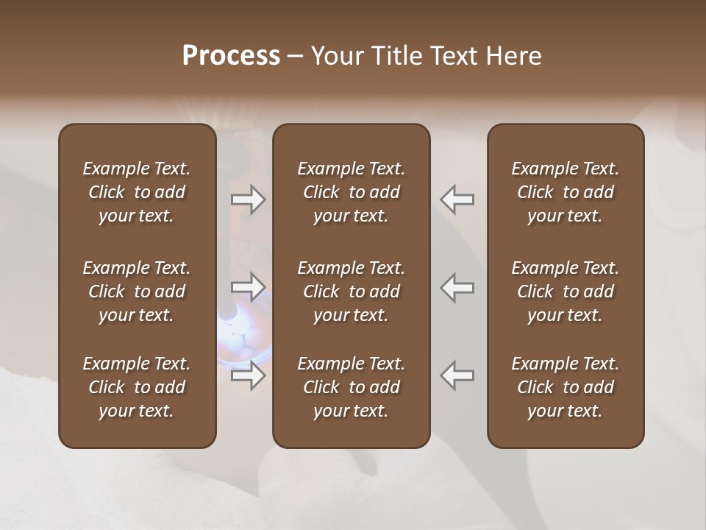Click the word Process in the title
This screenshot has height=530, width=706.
[x=231, y=56]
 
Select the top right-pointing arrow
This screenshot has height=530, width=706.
[x=249, y=199]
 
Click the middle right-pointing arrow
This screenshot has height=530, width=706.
[x=249, y=287]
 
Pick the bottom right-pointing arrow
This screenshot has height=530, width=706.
[x=249, y=375]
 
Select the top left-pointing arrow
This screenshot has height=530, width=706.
[x=457, y=199]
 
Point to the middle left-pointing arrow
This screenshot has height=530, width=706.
[x=457, y=287]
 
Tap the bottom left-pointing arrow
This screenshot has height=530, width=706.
[x=457, y=375]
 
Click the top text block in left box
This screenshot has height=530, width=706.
[x=137, y=192]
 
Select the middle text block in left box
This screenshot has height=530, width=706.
[x=137, y=291]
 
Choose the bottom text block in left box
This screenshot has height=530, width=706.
[x=137, y=387]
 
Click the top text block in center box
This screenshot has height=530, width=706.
[x=351, y=192]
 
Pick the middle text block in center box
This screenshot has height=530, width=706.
[x=351, y=291]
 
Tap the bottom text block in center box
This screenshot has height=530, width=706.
[x=351, y=387]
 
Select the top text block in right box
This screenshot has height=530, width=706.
[x=565, y=192]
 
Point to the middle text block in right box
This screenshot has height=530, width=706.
[x=565, y=291]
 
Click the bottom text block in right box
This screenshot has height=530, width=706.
[x=565, y=387]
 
